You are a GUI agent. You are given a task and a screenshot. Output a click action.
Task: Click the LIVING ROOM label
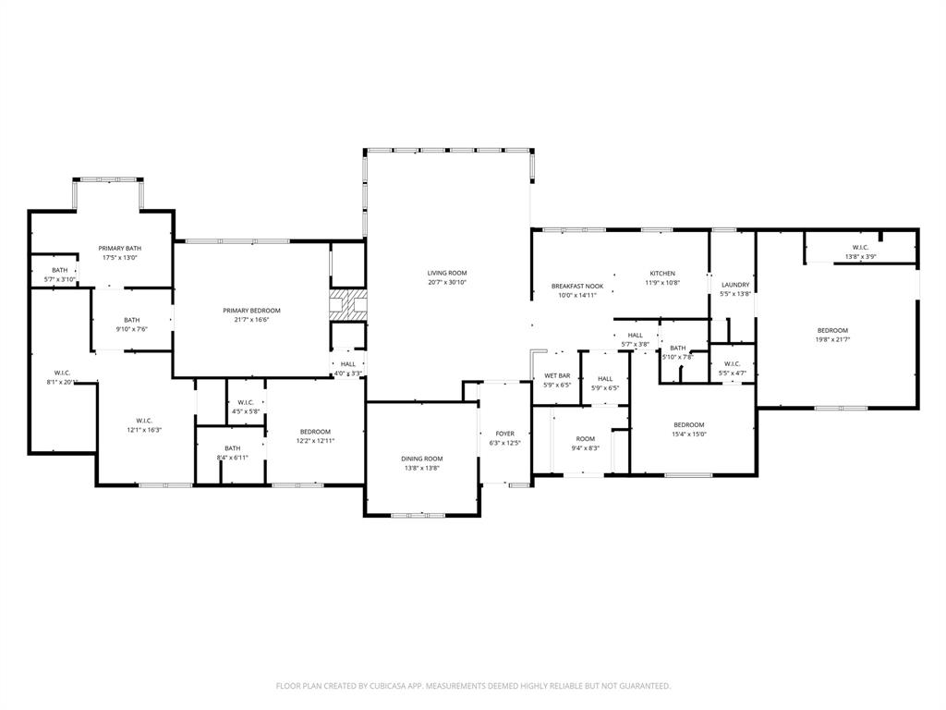point(447,273)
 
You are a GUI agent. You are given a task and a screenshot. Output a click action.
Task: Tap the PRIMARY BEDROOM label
point(251,311)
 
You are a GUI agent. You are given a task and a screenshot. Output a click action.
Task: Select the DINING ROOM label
point(421,459)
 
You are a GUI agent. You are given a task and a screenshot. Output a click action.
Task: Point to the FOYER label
point(504,433)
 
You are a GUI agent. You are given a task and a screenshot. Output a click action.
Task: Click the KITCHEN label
point(662,274)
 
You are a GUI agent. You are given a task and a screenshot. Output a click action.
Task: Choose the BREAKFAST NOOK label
point(577,287)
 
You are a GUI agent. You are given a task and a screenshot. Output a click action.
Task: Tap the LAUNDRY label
point(735,285)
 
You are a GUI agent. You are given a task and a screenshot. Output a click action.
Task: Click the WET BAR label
point(557,375)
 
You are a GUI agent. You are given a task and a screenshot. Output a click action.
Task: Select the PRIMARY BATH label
point(120,248)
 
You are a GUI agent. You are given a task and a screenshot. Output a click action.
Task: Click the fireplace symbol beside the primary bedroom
point(348,305)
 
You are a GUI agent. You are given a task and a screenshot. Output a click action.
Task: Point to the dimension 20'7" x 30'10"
point(447,283)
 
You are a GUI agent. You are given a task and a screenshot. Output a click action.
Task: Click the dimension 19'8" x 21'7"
point(831,339)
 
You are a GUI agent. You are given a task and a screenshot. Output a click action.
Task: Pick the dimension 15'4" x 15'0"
point(688,435)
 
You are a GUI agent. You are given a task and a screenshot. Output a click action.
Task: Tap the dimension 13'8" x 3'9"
point(859,257)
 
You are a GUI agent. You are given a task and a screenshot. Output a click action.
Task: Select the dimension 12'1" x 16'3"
point(143,430)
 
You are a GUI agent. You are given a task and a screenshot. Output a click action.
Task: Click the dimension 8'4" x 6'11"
point(232,458)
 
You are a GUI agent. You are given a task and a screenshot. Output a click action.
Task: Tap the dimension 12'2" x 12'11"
point(315,441)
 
